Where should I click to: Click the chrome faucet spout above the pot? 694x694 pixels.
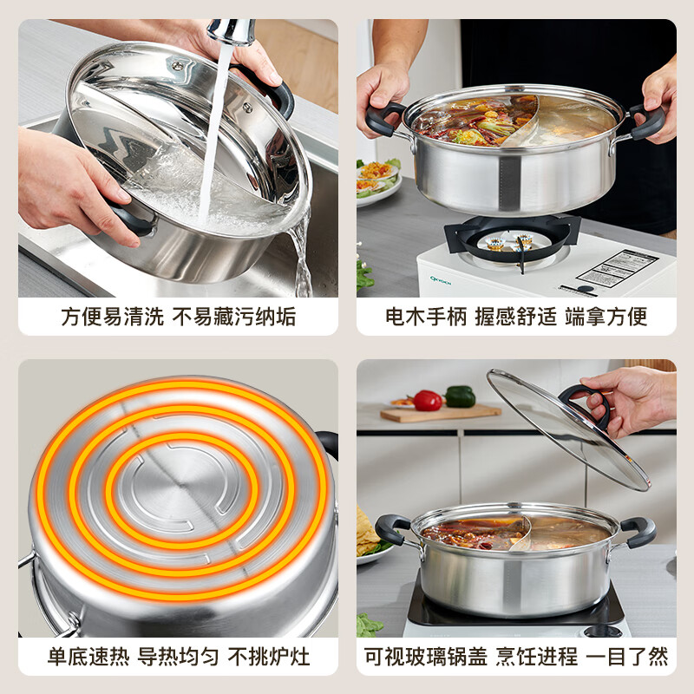point(232,31)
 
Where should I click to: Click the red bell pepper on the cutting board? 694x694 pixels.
point(428,400)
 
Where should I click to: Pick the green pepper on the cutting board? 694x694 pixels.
point(460,396)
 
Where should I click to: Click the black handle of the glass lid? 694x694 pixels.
point(584,402)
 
